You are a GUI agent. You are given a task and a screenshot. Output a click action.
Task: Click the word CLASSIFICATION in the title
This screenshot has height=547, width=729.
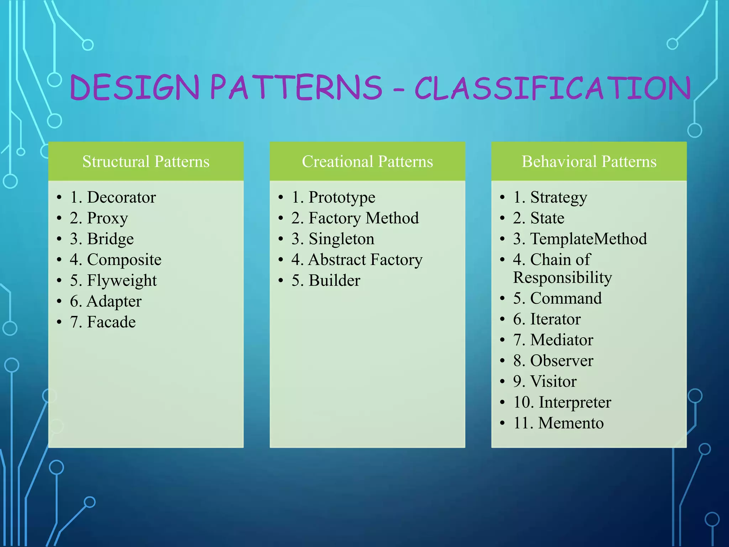pyautogui.click(x=552, y=88)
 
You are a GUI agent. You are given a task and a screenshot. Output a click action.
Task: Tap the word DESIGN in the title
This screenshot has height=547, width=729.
pyautogui.click(x=135, y=88)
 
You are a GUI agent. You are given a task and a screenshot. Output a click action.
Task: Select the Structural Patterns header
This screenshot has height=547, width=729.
pyautogui.click(x=146, y=162)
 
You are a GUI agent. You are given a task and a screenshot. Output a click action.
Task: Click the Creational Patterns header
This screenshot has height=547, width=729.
pyautogui.click(x=367, y=162)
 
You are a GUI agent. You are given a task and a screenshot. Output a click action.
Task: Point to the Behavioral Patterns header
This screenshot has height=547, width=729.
pyautogui.click(x=589, y=162)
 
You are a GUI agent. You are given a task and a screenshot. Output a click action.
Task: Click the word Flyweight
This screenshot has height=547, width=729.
pyautogui.click(x=122, y=281)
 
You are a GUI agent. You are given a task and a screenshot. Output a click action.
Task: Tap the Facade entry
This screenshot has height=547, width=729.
pyautogui.click(x=111, y=322)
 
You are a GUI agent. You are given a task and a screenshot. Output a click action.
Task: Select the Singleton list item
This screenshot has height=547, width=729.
pyautogui.click(x=341, y=239)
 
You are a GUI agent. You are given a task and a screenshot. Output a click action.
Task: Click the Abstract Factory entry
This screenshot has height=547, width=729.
pyautogui.click(x=365, y=260)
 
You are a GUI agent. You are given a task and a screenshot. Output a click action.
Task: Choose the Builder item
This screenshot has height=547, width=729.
pyautogui.click(x=334, y=281)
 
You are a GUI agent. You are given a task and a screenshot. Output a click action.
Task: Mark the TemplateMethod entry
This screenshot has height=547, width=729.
pyautogui.click(x=588, y=239)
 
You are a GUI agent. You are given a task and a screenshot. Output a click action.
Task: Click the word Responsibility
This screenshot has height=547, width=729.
pyautogui.click(x=562, y=278)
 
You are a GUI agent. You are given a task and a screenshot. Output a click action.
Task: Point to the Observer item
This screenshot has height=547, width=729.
pyautogui.click(x=562, y=361)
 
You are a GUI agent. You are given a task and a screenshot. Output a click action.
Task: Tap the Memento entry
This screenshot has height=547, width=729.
pyautogui.click(x=571, y=423)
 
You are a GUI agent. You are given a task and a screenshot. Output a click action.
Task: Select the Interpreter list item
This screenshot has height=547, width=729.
pyautogui.click(x=575, y=402)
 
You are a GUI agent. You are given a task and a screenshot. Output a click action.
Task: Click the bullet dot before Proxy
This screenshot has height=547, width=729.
pyautogui.click(x=59, y=218)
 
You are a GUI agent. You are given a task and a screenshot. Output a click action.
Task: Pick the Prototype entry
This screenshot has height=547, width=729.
pyautogui.click(x=342, y=197)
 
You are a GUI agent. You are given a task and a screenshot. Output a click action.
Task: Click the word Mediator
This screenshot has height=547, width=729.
pyautogui.click(x=562, y=340)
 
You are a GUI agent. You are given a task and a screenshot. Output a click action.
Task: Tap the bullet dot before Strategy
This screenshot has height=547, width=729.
pyautogui.click(x=502, y=197)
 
